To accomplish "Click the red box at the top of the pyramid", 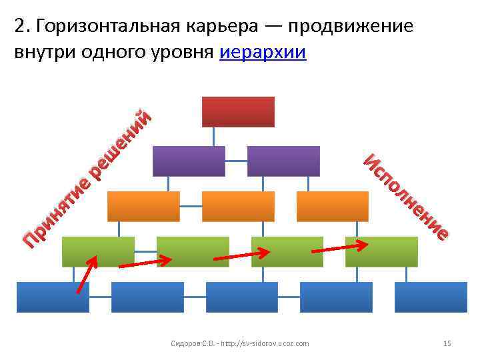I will pos(238,111).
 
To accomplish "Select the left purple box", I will pos(189,161).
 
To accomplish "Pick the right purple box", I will pos(283,161).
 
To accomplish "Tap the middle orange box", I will pos(238,206).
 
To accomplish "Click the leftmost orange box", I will pos(143,206).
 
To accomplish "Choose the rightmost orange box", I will pos(333,206).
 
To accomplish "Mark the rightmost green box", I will pos(382,251).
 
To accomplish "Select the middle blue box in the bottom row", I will pos(242,297).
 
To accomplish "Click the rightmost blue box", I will pos(431,297).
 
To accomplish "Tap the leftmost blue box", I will pos(53,297).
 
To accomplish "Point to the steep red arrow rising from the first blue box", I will pos(87,273).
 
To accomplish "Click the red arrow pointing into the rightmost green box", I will pos(339,247).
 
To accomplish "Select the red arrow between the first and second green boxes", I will pos(145,263).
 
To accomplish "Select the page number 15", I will pos(447,343).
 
